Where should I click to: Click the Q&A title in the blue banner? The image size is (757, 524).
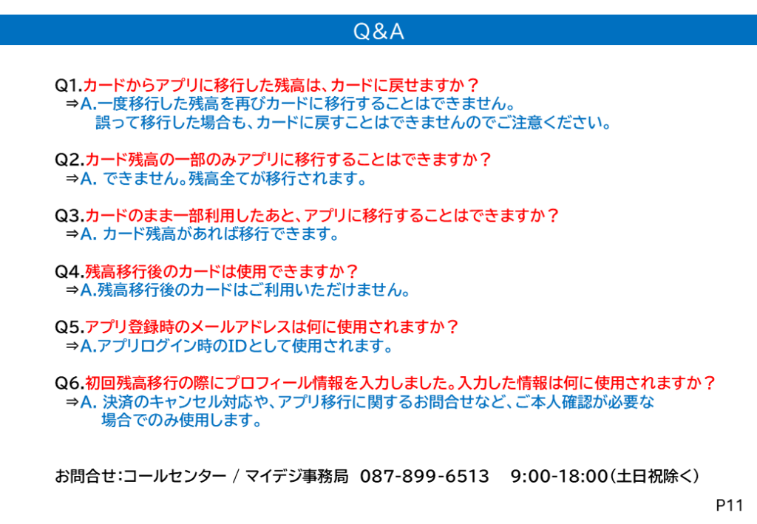378,31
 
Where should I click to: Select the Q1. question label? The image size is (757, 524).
69,86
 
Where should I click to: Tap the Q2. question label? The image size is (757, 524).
70,160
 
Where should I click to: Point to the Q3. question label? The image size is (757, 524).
70,215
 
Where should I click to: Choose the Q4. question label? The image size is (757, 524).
70,271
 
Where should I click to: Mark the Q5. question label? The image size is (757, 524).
70,327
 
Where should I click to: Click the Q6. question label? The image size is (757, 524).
70,383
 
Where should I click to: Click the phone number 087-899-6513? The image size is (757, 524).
424,476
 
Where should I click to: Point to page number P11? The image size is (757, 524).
730,506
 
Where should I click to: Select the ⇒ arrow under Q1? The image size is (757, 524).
72,103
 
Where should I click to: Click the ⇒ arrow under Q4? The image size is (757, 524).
72,290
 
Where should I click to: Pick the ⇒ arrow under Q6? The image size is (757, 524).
72,401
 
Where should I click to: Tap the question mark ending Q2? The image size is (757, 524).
485,159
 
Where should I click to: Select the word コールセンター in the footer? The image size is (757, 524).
174,476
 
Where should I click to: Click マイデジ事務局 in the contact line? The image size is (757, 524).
297,476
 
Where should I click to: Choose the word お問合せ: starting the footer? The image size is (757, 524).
89,476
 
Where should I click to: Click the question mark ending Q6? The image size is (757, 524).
709,383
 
